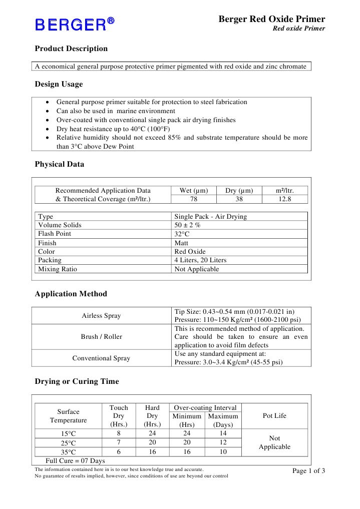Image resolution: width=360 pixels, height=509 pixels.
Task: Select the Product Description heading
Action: [71, 49]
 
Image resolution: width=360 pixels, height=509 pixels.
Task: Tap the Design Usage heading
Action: [59, 84]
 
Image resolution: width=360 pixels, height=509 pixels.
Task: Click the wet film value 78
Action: [194, 199]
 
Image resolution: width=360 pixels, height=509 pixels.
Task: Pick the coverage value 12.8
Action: [284, 199]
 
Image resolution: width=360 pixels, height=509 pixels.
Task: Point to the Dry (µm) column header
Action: [239, 191]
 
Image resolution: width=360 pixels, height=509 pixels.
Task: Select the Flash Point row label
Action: [55, 234]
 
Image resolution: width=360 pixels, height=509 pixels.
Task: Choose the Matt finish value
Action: [181, 243]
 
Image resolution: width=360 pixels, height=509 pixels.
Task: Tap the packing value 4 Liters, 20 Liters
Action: [200, 260]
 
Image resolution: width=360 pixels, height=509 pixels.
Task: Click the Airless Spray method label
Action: [101, 316]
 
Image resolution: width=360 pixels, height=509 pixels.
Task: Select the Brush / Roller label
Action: [101, 337]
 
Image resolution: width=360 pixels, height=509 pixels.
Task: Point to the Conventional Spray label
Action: [101, 358]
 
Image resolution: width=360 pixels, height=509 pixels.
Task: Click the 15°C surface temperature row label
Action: [68, 433]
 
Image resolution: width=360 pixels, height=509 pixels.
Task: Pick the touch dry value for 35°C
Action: [118, 451]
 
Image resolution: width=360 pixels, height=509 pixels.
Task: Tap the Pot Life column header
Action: [274, 416]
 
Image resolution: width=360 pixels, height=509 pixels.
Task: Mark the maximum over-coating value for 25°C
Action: [223, 442]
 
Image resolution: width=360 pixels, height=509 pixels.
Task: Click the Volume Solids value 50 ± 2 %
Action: [187, 225]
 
